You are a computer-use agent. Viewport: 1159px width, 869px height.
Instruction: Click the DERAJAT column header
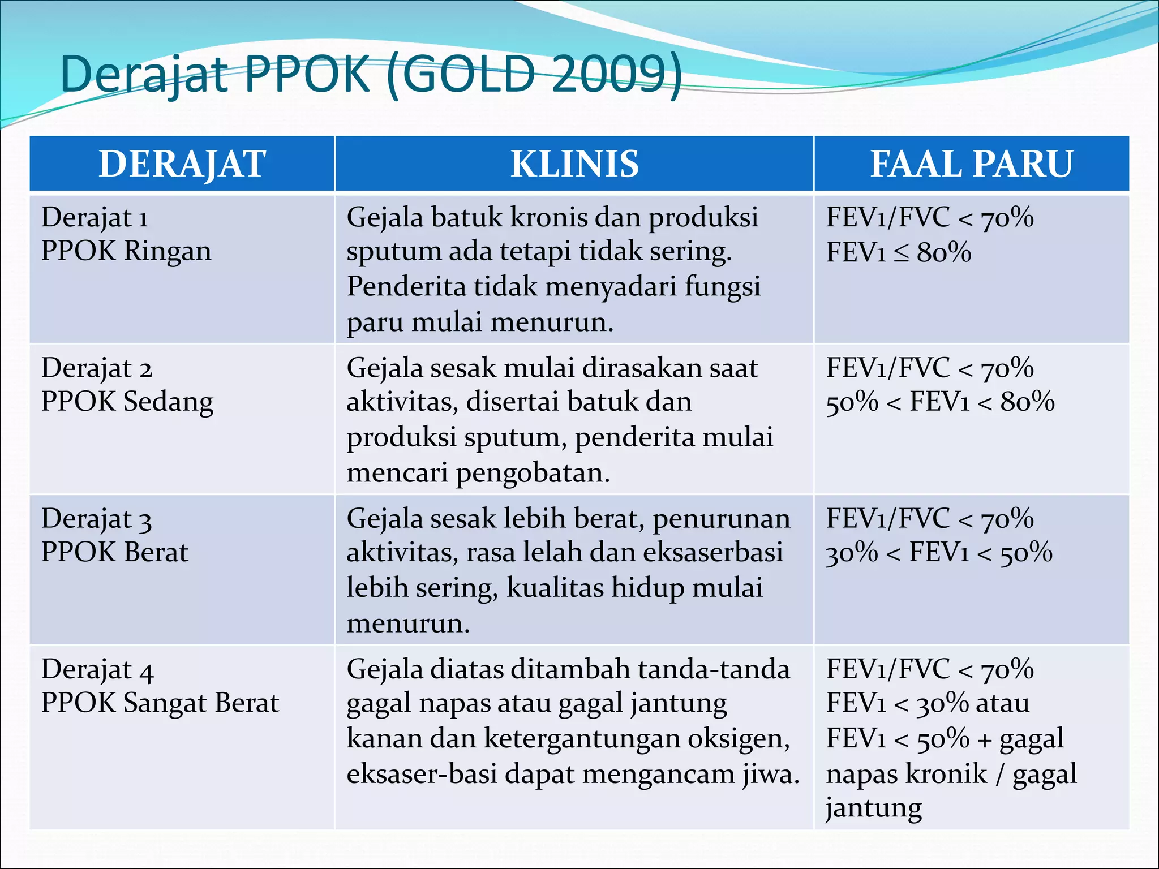(182, 164)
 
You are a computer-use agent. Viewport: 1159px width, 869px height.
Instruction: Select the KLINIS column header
(574, 164)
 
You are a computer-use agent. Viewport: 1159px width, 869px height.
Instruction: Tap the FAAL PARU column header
(971, 164)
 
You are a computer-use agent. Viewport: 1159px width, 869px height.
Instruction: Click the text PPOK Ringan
(126, 251)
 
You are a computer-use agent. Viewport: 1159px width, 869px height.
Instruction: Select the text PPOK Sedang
(127, 402)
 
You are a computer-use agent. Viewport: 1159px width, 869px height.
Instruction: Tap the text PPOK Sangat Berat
(160, 703)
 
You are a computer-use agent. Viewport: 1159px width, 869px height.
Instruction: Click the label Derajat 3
(96, 519)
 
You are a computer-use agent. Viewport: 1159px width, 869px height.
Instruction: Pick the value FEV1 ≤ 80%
(898, 252)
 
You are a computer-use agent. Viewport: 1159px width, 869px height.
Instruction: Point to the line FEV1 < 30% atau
(928, 703)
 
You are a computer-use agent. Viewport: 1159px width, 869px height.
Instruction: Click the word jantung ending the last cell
(873, 808)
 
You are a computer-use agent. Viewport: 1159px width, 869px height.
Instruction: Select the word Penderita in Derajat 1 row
(406, 286)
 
